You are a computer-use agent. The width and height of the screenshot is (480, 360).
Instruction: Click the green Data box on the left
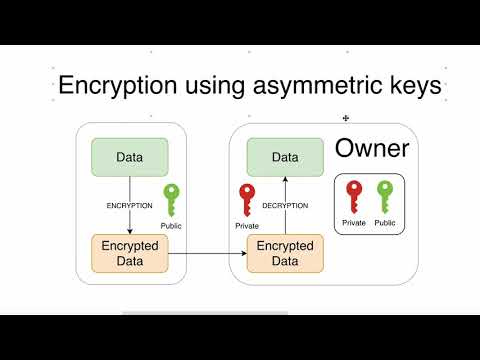point(129,157)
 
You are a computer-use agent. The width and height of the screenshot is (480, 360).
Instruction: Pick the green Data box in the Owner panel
point(286,157)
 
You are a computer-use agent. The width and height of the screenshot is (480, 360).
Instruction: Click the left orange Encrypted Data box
point(129,254)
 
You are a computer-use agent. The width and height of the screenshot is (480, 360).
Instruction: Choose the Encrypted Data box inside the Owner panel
point(286,254)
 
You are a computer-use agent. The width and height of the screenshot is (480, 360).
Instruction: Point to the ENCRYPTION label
point(129,205)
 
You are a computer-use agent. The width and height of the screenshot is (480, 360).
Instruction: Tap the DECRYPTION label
point(285,205)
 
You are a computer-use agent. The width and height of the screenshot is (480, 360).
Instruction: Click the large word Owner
point(371,150)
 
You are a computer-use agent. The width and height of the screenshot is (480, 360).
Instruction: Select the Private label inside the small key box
point(353,222)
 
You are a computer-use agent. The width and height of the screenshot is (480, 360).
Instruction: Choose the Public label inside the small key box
point(385,222)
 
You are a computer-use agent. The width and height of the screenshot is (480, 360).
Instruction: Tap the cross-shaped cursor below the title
point(346,117)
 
